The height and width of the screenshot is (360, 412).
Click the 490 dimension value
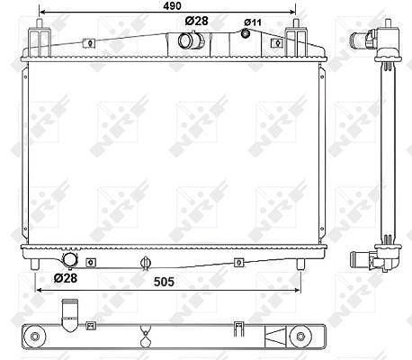(x=172, y=5)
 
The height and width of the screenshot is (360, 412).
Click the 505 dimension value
(x=164, y=282)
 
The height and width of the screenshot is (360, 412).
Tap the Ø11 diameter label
(x=253, y=22)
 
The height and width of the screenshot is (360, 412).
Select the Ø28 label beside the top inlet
(x=196, y=21)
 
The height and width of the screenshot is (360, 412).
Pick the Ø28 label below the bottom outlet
(x=66, y=278)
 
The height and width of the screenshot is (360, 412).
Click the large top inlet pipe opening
(x=186, y=40)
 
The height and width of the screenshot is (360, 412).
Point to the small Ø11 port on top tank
(x=246, y=33)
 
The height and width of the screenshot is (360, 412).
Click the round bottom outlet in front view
(x=69, y=259)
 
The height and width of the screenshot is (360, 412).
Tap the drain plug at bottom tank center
(x=145, y=263)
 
